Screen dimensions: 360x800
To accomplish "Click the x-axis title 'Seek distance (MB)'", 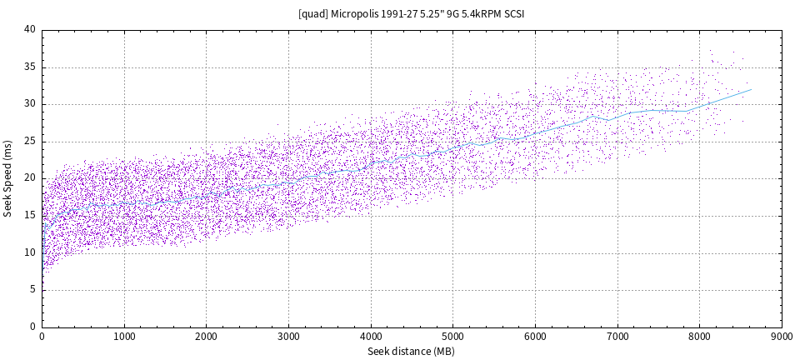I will [x=412, y=352].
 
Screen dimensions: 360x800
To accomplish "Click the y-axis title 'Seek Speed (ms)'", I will [x=7, y=178].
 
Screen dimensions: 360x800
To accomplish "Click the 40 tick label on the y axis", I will [x=30, y=30].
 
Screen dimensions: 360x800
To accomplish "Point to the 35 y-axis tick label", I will [x=30, y=67].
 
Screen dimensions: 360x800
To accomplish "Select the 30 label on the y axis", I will [x=30, y=104].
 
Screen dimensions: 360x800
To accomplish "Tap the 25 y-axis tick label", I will [x=30, y=142].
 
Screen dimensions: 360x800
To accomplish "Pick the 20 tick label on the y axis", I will [x=30, y=178].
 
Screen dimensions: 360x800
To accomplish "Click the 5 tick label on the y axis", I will [x=32, y=290].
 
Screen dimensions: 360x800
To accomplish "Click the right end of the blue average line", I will [x=752, y=89].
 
